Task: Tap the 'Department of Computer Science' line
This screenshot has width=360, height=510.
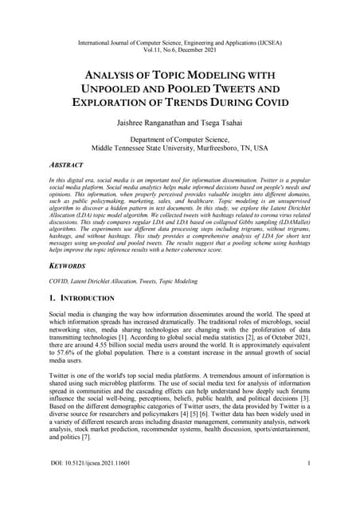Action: (179, 140)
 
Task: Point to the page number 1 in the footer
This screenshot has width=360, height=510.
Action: (307, 484)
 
